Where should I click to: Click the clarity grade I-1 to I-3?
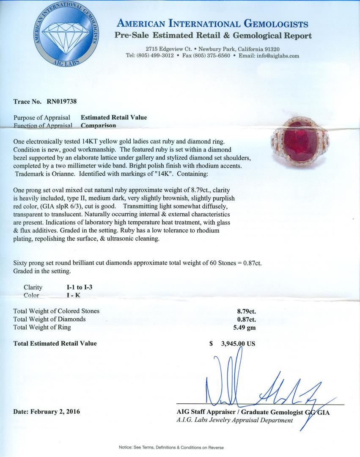tap(77, 287)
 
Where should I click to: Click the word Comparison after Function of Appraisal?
tap(99, 125)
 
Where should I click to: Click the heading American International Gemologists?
tap(212, 24)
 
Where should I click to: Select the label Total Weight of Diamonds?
tap(49, 319)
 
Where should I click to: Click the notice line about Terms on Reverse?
tap(171, 447)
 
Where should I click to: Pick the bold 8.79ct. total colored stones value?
tap(246, 311)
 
